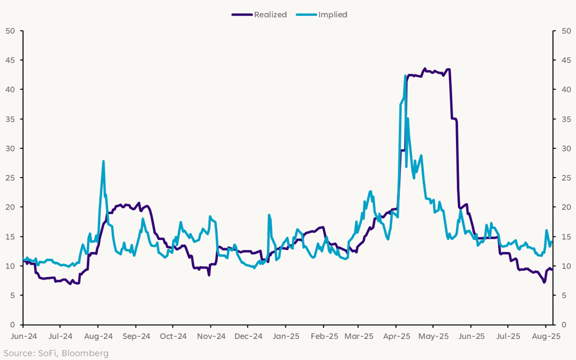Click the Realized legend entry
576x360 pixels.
[270, 15]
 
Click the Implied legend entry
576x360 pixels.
[332, 15]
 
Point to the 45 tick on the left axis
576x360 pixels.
[11, 60]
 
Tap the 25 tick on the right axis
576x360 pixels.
[566, 178]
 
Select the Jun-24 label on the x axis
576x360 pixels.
[24, 337]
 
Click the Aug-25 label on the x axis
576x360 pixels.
[546, 337]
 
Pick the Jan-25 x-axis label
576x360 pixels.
[285, 337]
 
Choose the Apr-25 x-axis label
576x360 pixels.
[396, 337]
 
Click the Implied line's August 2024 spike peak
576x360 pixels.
[103, 161]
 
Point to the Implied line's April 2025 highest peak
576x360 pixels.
[405, 76]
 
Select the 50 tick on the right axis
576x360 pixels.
[566, 31]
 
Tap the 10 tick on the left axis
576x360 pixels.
[11, 266]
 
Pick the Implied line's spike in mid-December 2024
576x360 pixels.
[269, 215]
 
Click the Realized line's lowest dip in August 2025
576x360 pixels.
[544, 282]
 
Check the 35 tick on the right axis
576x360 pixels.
[566, 119]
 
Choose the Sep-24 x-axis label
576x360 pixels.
[136, 337]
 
